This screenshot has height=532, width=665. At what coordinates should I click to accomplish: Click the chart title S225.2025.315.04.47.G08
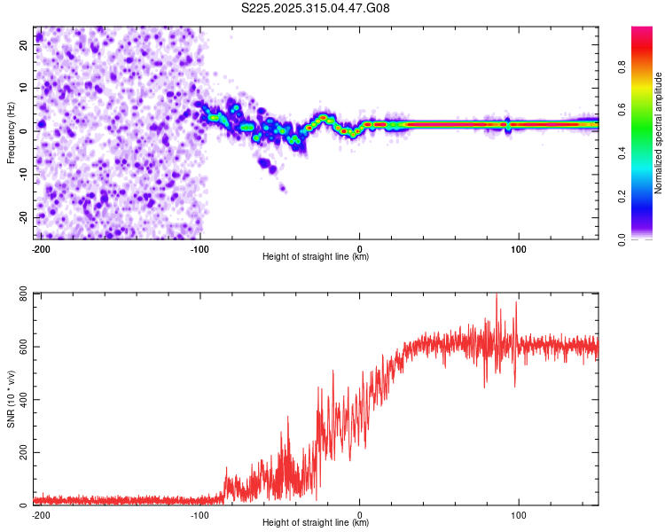pos(317,8)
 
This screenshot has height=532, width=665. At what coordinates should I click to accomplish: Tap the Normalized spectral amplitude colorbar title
pos(659,133)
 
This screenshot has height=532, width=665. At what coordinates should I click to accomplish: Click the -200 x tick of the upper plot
pos(40,249)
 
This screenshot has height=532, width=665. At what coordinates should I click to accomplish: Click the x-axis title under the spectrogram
pos(316,257)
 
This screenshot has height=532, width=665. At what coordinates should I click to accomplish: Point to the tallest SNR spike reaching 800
pos(497,295)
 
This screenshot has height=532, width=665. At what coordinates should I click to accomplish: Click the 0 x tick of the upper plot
pos(359,249)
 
